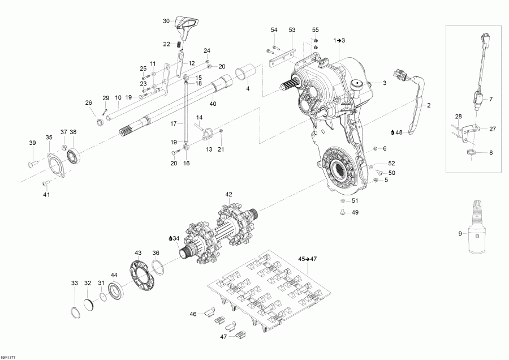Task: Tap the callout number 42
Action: point(229,194)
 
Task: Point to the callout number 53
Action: point(292,29)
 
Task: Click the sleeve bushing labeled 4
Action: point(244,74)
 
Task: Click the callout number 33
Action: point(74,283)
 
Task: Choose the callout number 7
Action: point(491,99)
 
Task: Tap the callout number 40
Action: point(213,103)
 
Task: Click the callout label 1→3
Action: point(339,40)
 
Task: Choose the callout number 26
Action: point(88,102)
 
